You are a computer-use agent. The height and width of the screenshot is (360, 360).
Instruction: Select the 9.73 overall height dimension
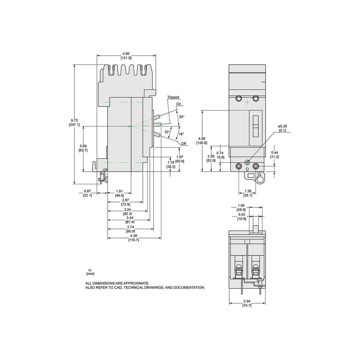coord(74,120)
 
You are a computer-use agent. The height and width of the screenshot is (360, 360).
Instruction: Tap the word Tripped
coord(173,97)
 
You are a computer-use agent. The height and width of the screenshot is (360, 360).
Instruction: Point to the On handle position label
coord(179,104)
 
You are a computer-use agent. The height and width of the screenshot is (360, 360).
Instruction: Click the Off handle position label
coord(184,144)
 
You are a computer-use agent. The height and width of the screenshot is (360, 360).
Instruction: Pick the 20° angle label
coord(181,117)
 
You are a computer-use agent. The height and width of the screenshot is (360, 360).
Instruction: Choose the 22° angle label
coord(167,132)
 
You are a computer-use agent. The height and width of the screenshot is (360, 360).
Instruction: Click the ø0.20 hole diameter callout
coord(282,126)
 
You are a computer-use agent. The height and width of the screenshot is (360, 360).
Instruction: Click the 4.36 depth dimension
coord(134,236)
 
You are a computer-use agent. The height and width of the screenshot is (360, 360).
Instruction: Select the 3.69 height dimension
coord(83,146)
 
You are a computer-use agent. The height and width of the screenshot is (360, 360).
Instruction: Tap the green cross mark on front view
coord(247,102)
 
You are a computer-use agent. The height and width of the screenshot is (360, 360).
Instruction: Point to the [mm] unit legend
coord(90,274)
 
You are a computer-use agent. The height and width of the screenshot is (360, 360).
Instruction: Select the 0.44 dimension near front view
coord(275,152)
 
